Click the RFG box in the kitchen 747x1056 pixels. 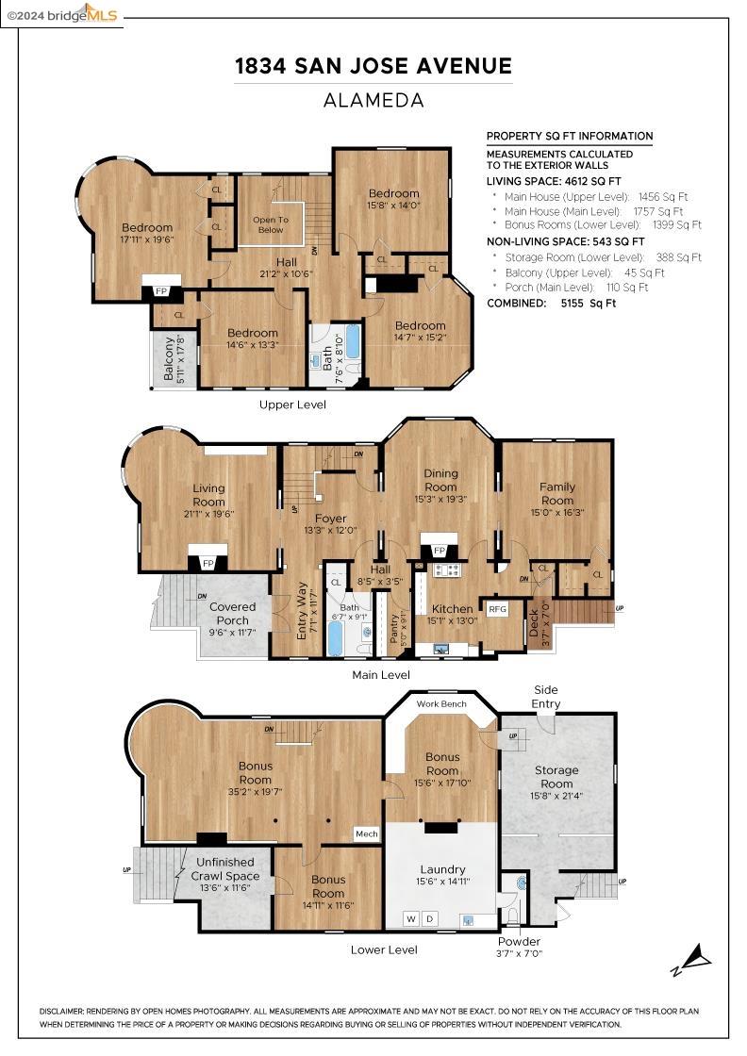click(497, 609)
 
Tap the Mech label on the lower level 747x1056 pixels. click(367, 833)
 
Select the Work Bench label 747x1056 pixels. click(441, 703)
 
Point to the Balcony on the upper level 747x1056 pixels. click(174, 359)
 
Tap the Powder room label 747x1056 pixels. click(519, 942)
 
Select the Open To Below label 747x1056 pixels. click(271, 224)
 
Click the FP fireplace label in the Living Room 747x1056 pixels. click(208, 563)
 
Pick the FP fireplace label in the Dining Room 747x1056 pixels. click(440, 551)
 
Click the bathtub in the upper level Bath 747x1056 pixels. click(353, 345)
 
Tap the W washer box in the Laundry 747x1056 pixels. click(411, 918)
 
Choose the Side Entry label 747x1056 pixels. click(545, 697)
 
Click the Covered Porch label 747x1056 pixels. click(232, 614)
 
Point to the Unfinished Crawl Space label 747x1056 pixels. click(225, 868)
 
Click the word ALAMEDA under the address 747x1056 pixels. click(373, 100)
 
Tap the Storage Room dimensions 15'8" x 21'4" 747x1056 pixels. click(556, 796)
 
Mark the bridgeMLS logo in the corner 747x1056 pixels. click(62, 14)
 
